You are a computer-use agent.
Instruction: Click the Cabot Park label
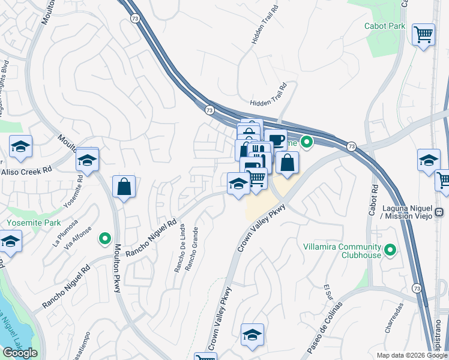point(385,26)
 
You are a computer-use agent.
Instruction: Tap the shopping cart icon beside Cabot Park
point(424,34)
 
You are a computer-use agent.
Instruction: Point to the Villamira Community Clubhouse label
point(351,251)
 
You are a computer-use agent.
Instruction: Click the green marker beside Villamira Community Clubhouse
point(391,248)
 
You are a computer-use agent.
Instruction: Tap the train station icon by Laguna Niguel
point(439,211)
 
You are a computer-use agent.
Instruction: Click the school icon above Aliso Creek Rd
point(20,146)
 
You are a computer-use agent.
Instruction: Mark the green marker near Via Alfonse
point(105,238)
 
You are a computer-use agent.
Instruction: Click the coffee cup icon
point(276,140)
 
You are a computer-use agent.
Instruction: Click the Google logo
point(20,353)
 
